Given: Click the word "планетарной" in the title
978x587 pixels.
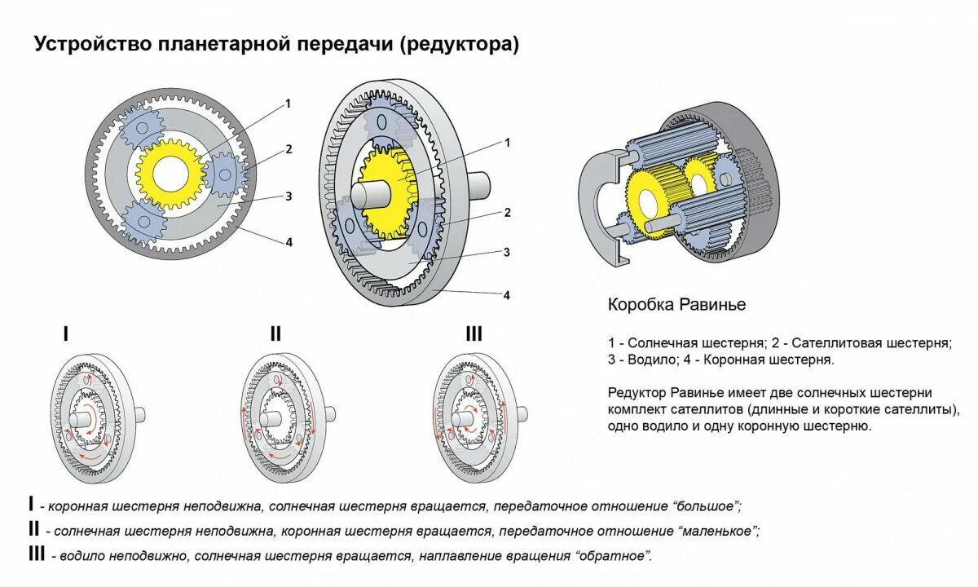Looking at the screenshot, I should click(221, 44).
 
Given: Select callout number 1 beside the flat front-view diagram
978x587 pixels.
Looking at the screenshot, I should click(288, 104).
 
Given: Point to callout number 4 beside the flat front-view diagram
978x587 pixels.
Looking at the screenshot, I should click(288, 242).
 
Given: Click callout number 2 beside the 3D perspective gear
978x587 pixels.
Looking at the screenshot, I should click(507, 213).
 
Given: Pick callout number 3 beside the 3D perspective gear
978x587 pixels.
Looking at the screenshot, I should click(507, 252).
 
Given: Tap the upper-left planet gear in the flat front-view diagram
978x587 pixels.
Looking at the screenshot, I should click(142, 126).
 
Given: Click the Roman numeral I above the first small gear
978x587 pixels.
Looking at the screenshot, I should click(66, 333).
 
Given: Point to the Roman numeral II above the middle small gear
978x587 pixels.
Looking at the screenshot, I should click(275, 333).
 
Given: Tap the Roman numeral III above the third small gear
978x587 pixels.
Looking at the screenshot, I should click(474, 333).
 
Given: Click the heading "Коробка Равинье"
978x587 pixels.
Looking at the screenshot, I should click(676, 305).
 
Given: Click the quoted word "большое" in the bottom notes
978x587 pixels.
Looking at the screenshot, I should click(708, 506).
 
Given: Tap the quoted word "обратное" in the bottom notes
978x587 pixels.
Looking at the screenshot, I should click(613, 556).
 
